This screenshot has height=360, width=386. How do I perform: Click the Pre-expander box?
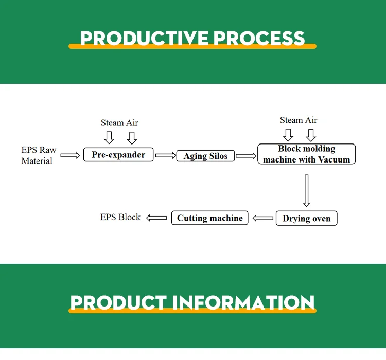pyautogui.click(x=118, y=155)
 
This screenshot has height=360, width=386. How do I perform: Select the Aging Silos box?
pyautogui.click(x=205, y=156)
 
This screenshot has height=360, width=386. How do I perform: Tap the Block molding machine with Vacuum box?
pyautogui.click(x=306, y=154)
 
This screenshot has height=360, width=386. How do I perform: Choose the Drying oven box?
pyautogui.click(x=306, y=219)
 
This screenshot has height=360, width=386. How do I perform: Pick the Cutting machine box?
pyautogui.click(x=209, y=218)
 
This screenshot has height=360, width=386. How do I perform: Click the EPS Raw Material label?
pyautogui.click(x=38, y=155)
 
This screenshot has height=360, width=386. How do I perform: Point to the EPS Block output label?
pyautogui.click(x=120, y=217)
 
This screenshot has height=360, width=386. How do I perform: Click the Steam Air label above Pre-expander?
pyautogui.click(x=119, y=123)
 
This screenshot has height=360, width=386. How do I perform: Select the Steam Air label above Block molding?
pyautogui.click(x=299, y=120)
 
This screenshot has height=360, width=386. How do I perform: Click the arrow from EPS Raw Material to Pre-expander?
pyautogui.click(x=71, y=154)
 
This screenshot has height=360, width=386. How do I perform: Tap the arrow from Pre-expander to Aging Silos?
pyautogui.click(x=165, y=155)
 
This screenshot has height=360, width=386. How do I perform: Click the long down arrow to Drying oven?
pyautogui.click(x=306, y=190)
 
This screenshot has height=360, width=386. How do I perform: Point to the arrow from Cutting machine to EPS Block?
pyautogui.click(x=156, y=218)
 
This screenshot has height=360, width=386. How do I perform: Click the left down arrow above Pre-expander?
pyautogui.click(x=109, y=137)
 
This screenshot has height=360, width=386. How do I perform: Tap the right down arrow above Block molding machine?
pyautogui.click(x=310, y=135)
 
